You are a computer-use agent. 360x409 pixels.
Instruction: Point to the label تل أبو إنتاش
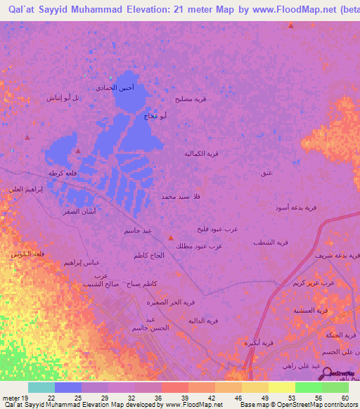[63, 98]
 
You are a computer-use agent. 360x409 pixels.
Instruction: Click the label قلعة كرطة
[62, 172]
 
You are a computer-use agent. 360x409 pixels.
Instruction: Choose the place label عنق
[266, 172]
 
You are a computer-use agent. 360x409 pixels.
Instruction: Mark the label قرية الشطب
[271, 242]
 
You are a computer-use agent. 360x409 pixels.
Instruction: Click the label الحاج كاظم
[149, 255]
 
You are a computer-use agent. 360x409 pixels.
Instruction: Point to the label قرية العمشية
[311, 309]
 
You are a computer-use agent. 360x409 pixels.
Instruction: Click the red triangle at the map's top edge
[291, 25]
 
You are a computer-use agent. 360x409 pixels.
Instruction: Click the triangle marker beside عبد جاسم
[171, 237]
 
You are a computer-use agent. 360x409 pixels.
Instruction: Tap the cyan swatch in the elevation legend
[41, 387]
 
